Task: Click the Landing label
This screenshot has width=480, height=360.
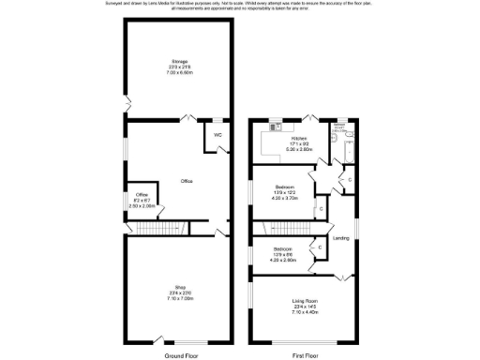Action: click(x=341, y=238)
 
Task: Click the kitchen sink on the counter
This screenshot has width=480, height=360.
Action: click(x=276, y=126)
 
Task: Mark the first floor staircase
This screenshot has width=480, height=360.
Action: click(x=282, y=229)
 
